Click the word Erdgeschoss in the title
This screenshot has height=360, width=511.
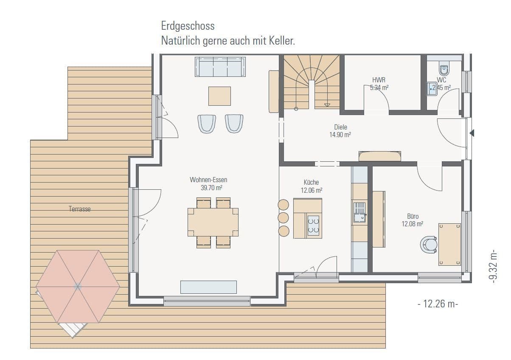click(x=188, y=26)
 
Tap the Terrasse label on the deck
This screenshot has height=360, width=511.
click(x=80, y=209)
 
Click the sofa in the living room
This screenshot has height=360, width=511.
click(x=220, y=67)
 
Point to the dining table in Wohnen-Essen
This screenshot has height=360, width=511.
click(x=213, y=222)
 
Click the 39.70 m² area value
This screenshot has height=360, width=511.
click(x=212, y=187)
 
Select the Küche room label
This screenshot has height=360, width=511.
click(x=311, y=182)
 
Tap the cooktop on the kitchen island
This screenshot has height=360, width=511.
click(x=314, y=225)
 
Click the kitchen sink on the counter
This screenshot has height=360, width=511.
click(x=359, y=212)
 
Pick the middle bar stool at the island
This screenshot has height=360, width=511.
click(x=283, y=218)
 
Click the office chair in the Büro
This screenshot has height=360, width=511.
click(x=428, y=245)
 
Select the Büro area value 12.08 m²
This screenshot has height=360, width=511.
click(x=413, y=224)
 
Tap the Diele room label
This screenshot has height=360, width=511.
click(x=340, y=127)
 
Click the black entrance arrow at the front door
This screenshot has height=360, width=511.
click(x=472, y=133)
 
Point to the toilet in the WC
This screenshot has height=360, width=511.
click(x=444, y=69)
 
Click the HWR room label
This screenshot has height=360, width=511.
click(x=379, y=80)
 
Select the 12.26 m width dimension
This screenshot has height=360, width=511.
click(x=438, y=304)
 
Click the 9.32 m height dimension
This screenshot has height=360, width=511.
click(x=493, y=266)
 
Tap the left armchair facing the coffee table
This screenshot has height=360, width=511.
click(x=207, y=124)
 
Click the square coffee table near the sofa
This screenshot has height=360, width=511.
click(x=219, y=96)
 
